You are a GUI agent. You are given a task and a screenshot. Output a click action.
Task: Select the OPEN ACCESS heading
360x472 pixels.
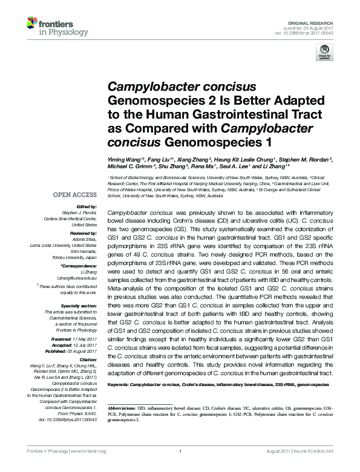pyautogui.click(x=74, y=195)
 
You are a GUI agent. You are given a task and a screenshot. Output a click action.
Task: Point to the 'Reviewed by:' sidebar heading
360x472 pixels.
pyautogui.click(x=80, y=232)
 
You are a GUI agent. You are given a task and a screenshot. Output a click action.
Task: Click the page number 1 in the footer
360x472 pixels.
pyautogui.click(x=180, y=468)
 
